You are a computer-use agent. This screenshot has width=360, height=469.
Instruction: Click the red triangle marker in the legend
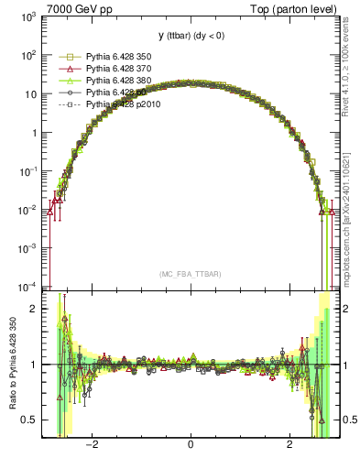coord(65,69)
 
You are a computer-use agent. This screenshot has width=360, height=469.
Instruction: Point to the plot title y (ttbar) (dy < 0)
coord(190,36)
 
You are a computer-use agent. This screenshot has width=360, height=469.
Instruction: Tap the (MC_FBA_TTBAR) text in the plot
coord(190,274)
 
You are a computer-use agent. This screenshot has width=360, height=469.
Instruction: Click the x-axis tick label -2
coord(92,446)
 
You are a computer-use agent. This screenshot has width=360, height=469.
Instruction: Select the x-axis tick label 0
coord(190,446)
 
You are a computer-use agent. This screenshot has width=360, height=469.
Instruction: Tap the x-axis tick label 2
coord(289,446)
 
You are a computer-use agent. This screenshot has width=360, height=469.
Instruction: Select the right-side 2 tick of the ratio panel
coord(347,309)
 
